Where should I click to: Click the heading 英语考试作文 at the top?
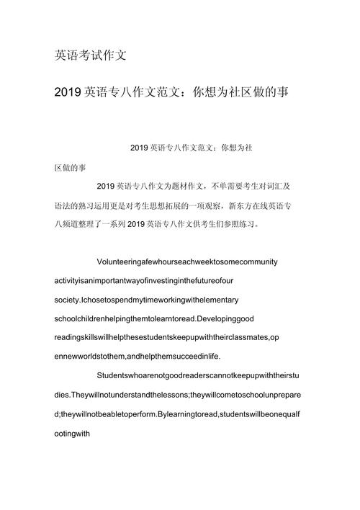[x=91, y=55]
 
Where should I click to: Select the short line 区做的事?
[x=70, y=167]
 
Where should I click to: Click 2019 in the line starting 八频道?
[x=135, y=223]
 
